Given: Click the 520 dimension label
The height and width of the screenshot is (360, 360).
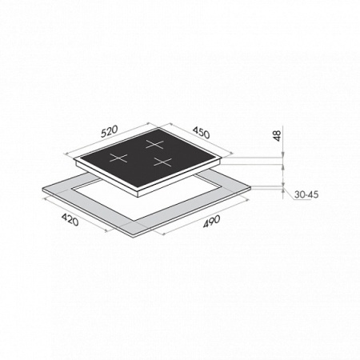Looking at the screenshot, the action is (x=109, y=132).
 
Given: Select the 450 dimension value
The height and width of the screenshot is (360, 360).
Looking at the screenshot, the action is (x=202, y=133).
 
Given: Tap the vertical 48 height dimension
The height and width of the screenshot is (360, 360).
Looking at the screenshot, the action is (x=278, y=136).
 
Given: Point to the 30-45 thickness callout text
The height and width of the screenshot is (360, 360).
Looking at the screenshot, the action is (x=306, y=194).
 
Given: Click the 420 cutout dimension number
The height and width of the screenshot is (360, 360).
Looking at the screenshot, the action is (x=70, y=220).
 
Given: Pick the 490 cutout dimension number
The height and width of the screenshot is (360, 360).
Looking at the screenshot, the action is (x=212, y=222).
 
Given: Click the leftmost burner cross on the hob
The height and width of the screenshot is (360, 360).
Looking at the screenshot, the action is (x=118, y=158).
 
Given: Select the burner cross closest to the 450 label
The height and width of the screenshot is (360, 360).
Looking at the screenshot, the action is (x=154, y=144).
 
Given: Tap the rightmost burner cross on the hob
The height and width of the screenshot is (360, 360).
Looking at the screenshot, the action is (x=162, y=162).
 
